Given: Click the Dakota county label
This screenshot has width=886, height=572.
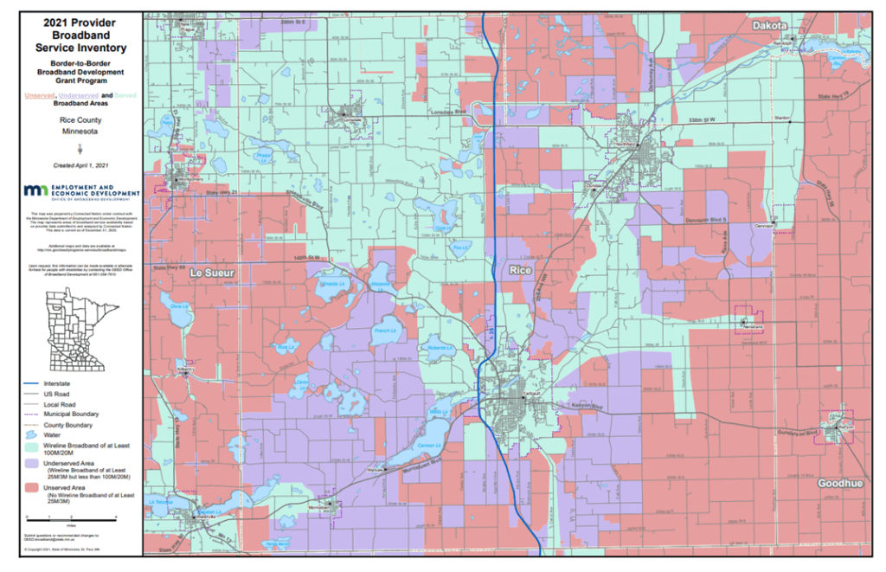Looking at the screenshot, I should [769, 27].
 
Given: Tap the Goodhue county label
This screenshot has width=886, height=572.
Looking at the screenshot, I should [840, 484].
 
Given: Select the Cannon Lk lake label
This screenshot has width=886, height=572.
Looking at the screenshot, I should [427, 446].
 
